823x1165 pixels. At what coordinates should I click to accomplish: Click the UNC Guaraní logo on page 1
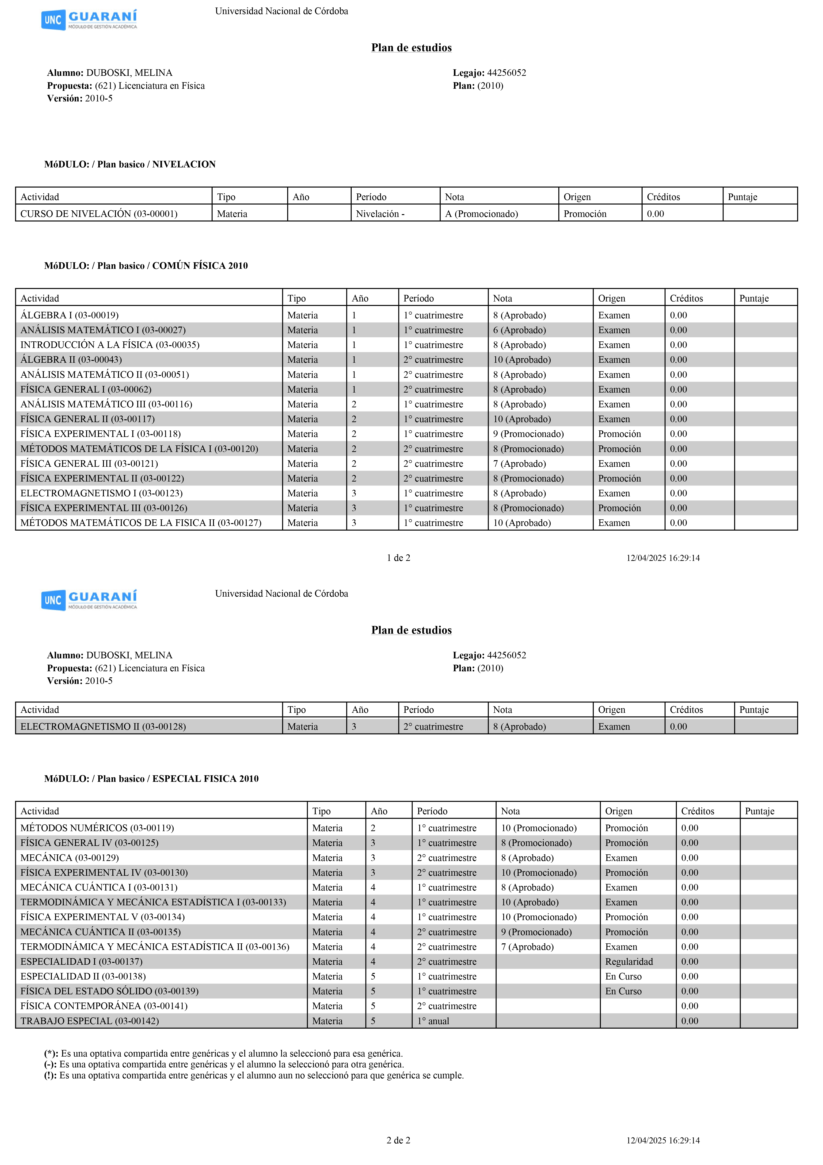coord(89,20)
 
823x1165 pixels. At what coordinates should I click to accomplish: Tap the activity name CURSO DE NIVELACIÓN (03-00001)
coord(99,214)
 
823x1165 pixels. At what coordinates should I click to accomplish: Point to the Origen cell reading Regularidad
coord(629,961)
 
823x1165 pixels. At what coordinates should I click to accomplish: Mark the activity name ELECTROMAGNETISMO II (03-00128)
coord(103,727)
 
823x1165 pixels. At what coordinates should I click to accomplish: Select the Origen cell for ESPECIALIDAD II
coord(623,976)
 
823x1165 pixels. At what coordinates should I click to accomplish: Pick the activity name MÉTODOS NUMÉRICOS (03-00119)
coord(97,828)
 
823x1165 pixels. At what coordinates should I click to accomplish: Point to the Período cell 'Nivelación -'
coord(380,214)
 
